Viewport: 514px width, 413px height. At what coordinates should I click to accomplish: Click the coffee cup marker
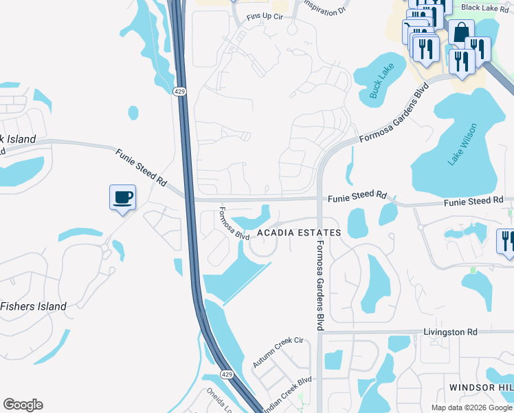[x=122, y=198]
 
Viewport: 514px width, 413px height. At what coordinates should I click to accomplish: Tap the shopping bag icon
[x=460, y=32]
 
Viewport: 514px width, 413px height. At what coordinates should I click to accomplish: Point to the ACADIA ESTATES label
[x=299, y=233]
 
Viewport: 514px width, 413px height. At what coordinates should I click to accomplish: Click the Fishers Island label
[x=34, y=306]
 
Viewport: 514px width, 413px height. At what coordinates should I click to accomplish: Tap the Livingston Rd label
[x=449, y=332]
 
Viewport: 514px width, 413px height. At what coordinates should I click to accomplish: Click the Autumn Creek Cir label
[x=278, y=351]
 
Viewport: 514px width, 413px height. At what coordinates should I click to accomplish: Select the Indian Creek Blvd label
[x=289, y=386]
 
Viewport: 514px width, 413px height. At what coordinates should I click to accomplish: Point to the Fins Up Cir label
[x=265, y=16]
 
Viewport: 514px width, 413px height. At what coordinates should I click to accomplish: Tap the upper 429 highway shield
[x=180, y=92]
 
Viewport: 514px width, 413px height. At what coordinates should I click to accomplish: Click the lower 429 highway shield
[x=226, y=373]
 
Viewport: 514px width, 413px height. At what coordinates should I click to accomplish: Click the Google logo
[x=23, y=405]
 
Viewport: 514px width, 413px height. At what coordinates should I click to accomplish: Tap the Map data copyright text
[x=471, y=407]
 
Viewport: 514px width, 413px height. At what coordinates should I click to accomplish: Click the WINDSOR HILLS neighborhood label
[x=481, y=388]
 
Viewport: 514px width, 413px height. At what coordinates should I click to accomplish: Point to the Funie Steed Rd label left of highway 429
[x=141, y=169]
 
